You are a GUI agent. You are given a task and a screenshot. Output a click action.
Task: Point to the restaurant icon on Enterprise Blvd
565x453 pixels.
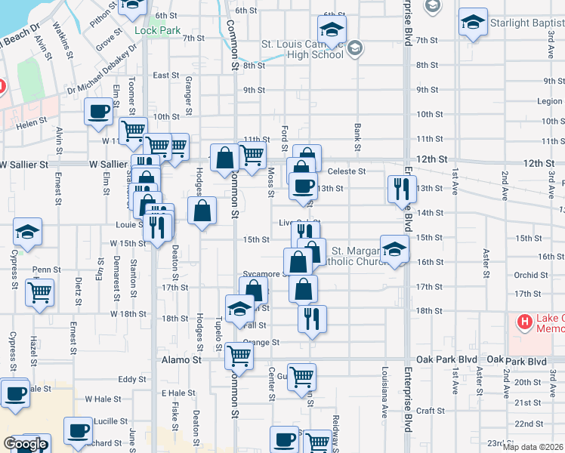401,188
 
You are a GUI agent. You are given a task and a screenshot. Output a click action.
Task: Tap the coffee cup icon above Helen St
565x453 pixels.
98,112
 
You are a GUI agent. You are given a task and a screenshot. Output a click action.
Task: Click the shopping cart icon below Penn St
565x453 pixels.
40,291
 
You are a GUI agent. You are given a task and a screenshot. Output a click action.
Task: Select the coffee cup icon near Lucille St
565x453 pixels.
78,430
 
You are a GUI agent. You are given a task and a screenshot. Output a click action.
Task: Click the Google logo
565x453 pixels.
25,444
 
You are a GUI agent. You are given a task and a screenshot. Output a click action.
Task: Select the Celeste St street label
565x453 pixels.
350,171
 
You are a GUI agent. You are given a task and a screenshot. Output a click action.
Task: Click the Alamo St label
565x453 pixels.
181,361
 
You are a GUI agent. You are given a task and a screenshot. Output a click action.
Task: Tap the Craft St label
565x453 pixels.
434,410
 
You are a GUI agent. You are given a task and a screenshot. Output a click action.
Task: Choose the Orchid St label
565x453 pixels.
525,275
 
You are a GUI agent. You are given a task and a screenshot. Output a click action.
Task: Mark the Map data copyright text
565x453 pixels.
533,447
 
